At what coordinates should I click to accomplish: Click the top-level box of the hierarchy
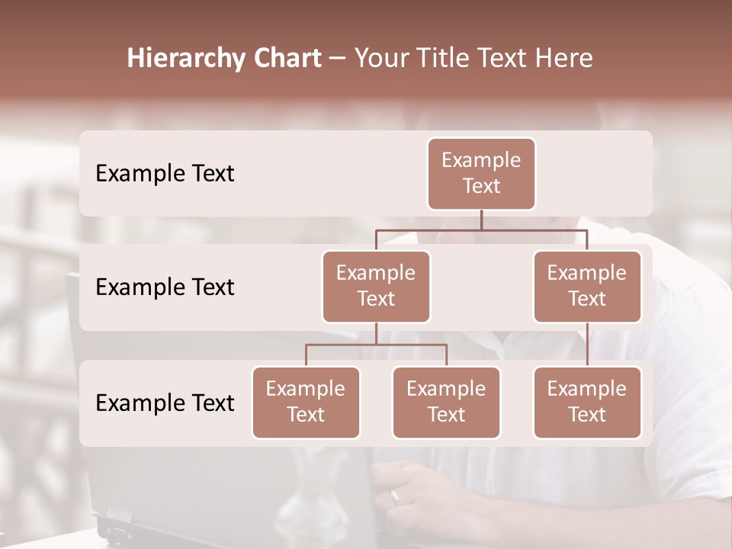click(x=481, y=173)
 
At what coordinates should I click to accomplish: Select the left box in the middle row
click(x=376, y=286)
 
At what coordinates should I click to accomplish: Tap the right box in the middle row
click(x=587, y=286)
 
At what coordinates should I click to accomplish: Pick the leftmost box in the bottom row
click(x=306, y=402)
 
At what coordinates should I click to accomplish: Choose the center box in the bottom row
click(x=446, y=402)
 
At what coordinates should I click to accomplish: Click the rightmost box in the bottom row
click(x=587, y=402)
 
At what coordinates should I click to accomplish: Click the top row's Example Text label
click(x=165, y=174)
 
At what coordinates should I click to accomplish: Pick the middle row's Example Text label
click(x=165, y=287)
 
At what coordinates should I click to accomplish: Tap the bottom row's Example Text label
click(x=165, y=403)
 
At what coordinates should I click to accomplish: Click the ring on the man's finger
click(x=394, y=497)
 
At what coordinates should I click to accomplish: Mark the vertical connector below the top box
click(x=481, y=220)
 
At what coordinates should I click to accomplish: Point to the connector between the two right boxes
click(x=587, y=344)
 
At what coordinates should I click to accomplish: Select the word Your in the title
click(x=379, y=59)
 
